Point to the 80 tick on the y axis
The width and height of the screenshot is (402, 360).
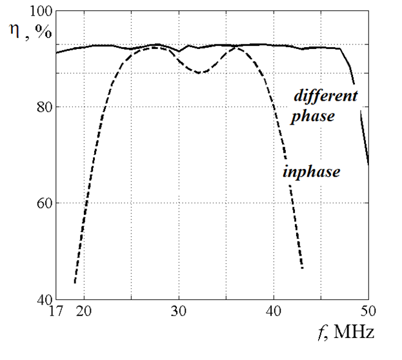coord(44,107)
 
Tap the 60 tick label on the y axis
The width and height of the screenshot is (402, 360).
coord(44,203)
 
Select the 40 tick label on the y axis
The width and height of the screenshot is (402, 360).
coord(44,299)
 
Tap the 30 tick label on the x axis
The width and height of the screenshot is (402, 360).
coord(179,311)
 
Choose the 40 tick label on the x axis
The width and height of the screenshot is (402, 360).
coord(274,311)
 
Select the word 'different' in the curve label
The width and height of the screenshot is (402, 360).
coord(325,97)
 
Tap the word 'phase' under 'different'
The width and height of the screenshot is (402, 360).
coord(312,117)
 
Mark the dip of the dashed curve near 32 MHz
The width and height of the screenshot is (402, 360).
coord(200,72)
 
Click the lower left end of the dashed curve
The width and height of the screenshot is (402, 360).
coord(75,283)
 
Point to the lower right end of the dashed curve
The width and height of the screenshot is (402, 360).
coord(302,268)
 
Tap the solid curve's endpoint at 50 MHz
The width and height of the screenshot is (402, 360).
coord(368,164)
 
